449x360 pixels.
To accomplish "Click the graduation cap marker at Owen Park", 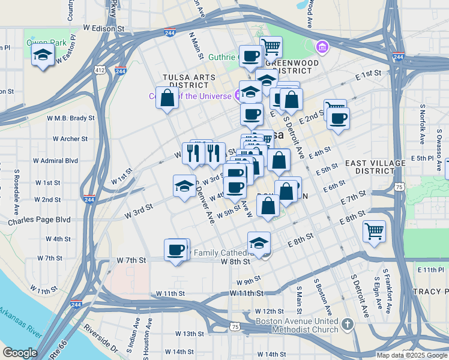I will (x=43, y=56).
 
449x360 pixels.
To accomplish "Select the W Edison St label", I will (x=103, y=28).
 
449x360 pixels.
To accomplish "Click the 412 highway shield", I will (x=100, y=71).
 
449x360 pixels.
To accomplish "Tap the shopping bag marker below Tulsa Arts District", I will (x=167, y=98).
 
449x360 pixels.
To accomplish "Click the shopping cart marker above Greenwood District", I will (x=271, y=45).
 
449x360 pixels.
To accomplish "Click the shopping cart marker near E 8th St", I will (x=375, y=230).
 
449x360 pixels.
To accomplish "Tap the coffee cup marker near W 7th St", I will (x=176, y=250).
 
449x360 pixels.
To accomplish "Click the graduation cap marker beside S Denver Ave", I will (x=184, y=185).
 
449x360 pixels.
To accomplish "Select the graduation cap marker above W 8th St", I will (x=259, y=243).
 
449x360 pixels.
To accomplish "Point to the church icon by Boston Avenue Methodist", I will (x=347, y=325).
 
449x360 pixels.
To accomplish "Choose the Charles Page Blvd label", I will (x=39, y=221).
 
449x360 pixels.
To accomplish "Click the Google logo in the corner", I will (x=20, y=353).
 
